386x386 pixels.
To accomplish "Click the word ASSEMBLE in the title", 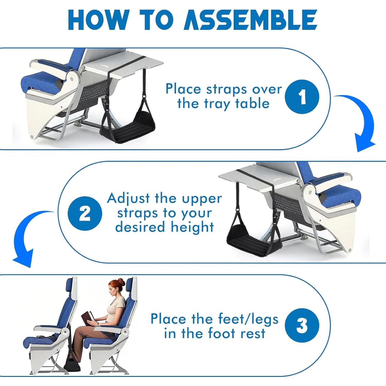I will coord(251,21).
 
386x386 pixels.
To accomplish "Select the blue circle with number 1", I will coord(302,97).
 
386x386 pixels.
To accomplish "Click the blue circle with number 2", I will coord(85,213).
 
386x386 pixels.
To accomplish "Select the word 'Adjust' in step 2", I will coord(128,198).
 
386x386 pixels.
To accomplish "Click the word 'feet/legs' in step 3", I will coord(248,319).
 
